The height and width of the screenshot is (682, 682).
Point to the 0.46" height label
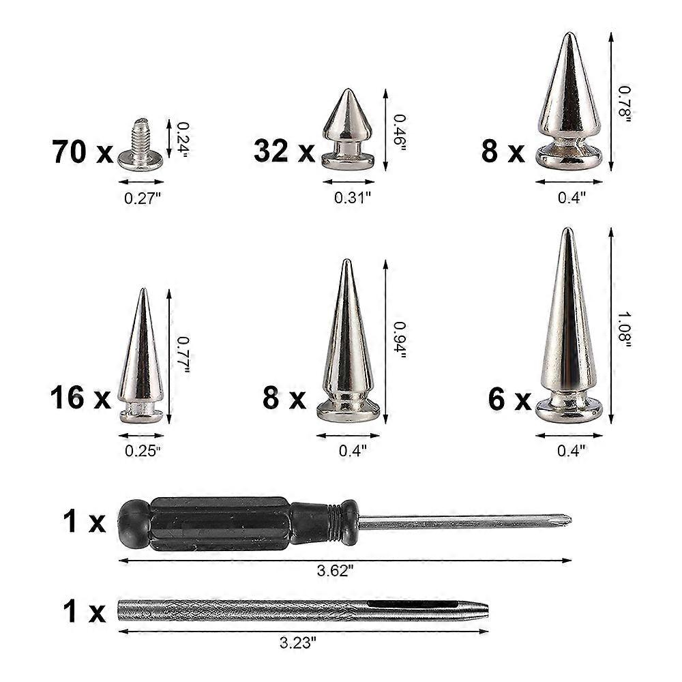[x=400, y=132]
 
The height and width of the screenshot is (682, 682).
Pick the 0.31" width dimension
[x=353, y=198]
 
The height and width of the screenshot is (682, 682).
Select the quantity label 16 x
[x=80, y=398]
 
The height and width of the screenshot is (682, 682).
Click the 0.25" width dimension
[x=143, y=450]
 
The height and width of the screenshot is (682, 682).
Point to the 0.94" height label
[x=400, y=340]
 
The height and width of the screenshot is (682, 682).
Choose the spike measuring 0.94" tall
[x=348, y=348]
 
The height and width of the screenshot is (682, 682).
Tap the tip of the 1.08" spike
[x=566, y=232]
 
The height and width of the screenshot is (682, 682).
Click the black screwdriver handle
[x=232, y=523]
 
